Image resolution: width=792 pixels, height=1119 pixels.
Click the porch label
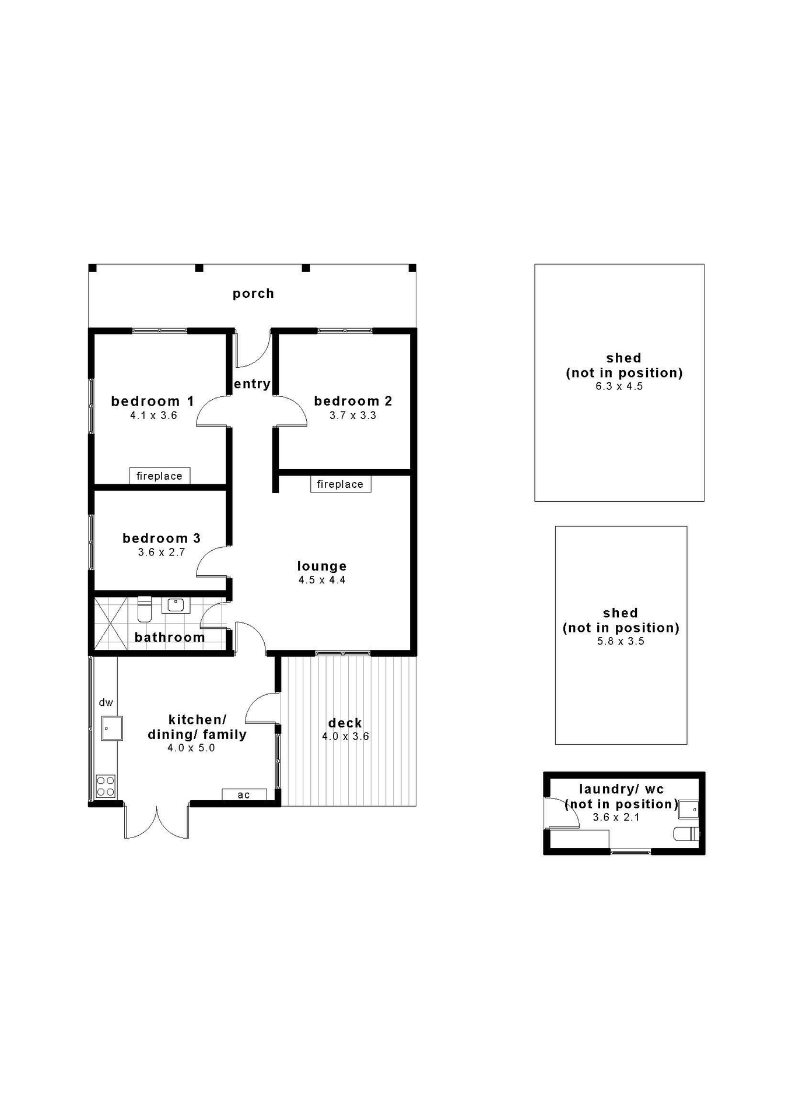click(253, 294)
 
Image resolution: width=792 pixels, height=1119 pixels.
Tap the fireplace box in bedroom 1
click(159, 476)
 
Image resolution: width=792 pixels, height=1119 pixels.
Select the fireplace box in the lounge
click(340, 484)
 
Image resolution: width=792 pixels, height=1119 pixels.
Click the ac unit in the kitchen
click(244, 794)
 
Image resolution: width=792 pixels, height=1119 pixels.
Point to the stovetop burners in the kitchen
click(106, 786)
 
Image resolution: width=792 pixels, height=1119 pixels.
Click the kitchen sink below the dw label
click(111, 728)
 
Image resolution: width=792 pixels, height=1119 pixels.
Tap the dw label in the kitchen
click(106, 702)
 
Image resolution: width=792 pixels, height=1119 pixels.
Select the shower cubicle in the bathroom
click(111, 623)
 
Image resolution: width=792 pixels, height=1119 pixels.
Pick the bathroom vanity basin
click(176, 605)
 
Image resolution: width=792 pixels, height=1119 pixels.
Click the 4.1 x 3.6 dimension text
click(153, 416)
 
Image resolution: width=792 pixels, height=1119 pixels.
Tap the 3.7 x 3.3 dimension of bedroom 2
click(352, 416)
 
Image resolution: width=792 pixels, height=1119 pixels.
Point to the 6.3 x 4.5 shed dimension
click(619, 386)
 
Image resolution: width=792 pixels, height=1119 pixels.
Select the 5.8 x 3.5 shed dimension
click(620, 641)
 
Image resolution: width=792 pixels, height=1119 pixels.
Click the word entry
click(252, 384)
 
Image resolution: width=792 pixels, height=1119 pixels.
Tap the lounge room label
click(322, 566)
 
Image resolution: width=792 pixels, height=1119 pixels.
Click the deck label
click(345, 723)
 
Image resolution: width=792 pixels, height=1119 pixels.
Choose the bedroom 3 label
click(162, 539)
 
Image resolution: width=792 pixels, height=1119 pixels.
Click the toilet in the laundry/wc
click(686, 834)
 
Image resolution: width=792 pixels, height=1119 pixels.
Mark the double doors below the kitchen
click(156, 822)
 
